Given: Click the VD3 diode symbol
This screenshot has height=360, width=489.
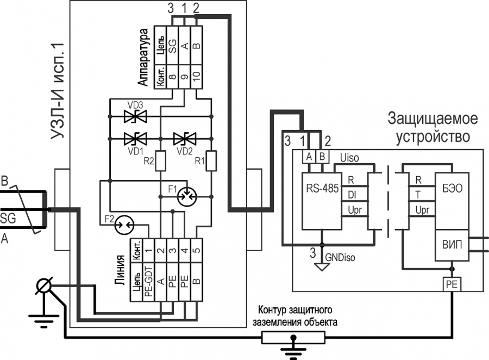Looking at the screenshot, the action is pyautogui.click(x=135, y=116).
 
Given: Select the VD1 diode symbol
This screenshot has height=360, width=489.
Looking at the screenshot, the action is pyautogui.click(x=135, y=139).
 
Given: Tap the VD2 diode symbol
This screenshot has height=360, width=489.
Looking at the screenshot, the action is pyautogui.click(x=185, y=139).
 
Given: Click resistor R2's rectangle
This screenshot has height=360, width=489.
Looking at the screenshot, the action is pyautogui.click(x=160, y=161).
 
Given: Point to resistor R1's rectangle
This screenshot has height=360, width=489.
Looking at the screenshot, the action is pyautogui.click(x=211, y=161).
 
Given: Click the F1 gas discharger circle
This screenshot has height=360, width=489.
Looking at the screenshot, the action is pyautogui.click(x=186, y=197).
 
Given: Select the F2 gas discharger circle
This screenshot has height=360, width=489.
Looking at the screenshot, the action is pyautogui.click(x=124, y=225).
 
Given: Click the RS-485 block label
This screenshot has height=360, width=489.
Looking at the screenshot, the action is pyautogui.click(x=322, y=188).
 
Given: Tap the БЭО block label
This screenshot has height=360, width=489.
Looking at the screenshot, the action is pyautogui.click(x=452, y=188).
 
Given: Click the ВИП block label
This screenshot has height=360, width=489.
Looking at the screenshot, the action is pyautogui.click(x=452, y=245).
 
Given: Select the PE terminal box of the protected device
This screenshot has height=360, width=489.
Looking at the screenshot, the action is pyautogui.click(x=452, y=284).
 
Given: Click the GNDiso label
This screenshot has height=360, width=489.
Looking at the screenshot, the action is pyautogui.click(x=340, y=258).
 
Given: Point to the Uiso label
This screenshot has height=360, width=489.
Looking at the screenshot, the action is pyautogui.click(x=349, y=158).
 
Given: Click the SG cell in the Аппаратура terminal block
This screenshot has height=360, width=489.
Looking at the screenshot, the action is pyautogui.click(x=172, y=46).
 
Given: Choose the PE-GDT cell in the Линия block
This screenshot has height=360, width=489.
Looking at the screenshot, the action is pyautogui.click(x=148, y=282).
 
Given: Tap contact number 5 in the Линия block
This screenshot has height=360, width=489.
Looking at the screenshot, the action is pyautogui.click(x=197, y=251).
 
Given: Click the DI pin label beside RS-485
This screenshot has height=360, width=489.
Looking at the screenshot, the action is pyautogui.click(x=352, y=195).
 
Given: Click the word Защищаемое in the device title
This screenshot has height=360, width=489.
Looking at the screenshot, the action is pyautogui.click(x=432, y=119).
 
